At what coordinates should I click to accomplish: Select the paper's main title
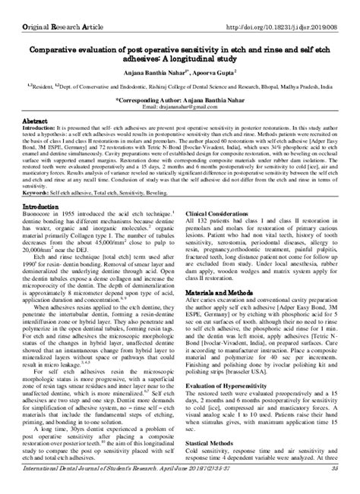click(x=179, y=51)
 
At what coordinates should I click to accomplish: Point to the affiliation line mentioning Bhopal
click(x=180, y=86)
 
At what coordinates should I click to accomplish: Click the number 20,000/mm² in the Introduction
click(x=42, y=250)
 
